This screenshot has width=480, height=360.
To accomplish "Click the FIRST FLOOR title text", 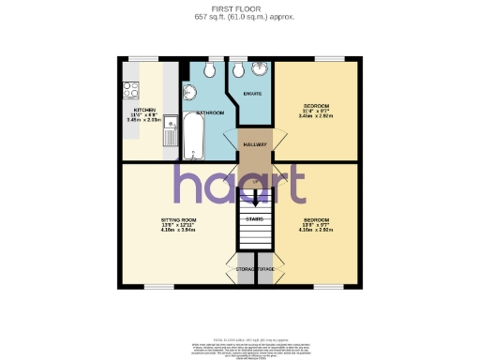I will click(239, 7).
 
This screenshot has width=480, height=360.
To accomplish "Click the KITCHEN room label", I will click(143, 110).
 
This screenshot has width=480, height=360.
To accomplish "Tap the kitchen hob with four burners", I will click(130, 91).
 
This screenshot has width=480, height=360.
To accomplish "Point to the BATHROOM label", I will click(210, 112).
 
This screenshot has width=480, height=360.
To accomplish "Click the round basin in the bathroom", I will click(189, 91).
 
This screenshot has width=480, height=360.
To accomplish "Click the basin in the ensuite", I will click(259, 71).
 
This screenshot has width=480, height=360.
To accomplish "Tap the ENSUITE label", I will click(251, 94).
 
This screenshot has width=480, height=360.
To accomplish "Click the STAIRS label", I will click(254, 219).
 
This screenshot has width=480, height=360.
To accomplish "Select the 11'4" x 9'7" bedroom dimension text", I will click(314, 110).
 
